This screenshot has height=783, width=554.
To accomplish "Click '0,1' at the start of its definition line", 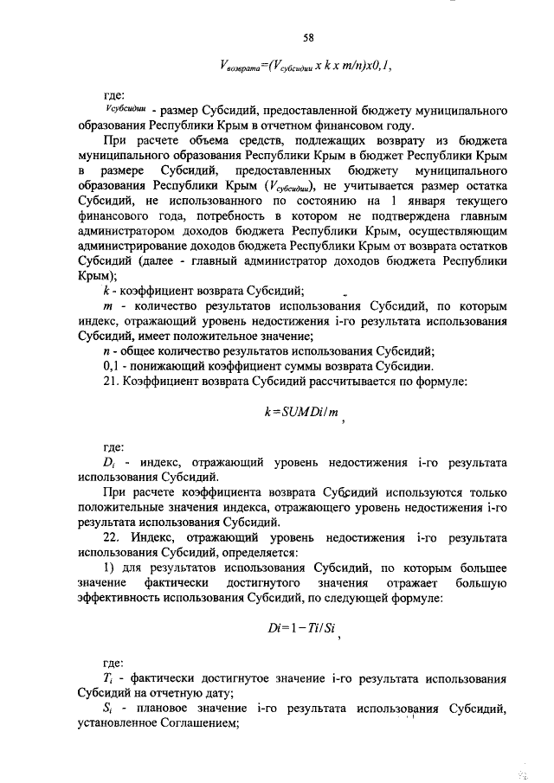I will pyautogui.click(x=111, y=365).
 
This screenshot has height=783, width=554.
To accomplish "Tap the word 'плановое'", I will pyautogui.click(x=161, y=710).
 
